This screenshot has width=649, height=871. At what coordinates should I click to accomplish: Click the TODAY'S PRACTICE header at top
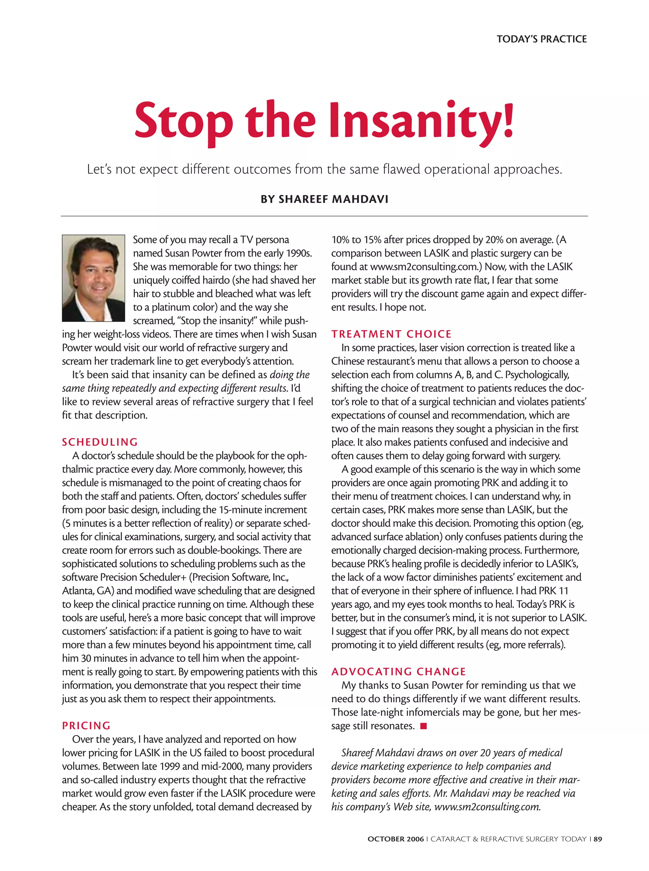coord(541,39)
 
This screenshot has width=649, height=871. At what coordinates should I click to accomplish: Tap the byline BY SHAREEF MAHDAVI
coord(324,199)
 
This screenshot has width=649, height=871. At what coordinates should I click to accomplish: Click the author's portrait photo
coord(93,278)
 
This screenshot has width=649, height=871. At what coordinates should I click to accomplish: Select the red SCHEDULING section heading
coord(100,442)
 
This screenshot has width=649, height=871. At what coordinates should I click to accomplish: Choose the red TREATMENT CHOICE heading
coord(391,334)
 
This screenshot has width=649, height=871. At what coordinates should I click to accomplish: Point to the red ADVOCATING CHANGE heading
coord(398,672)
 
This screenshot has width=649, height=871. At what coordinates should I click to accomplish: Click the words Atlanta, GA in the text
coord(85,591)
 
